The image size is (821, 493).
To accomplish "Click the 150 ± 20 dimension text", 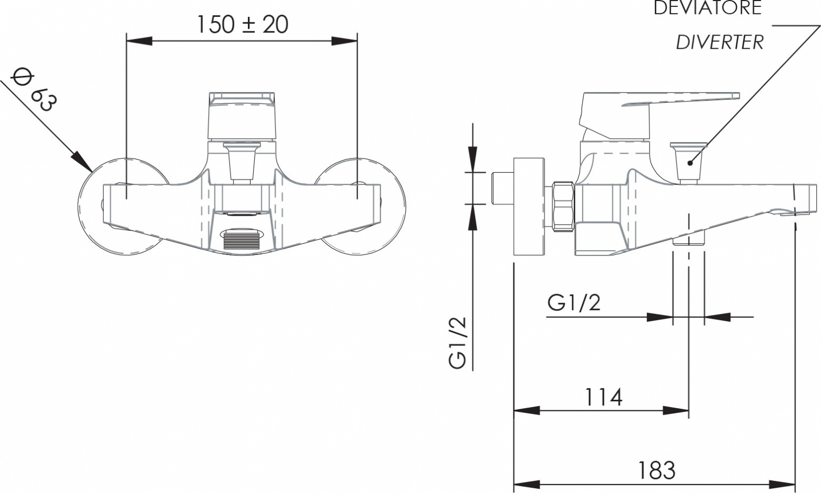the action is point(243,25).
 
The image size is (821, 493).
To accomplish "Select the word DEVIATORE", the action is point(708,8).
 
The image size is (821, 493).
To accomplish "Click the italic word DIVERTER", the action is point(720,42).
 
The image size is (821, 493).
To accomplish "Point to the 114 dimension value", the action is point(603,397).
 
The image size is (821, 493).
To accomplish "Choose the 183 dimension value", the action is point(656,470).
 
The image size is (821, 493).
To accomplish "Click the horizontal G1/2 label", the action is point(574,303).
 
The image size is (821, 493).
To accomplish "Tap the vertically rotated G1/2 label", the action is point(458,342).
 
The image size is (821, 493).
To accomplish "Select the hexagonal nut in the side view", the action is point(563,207).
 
